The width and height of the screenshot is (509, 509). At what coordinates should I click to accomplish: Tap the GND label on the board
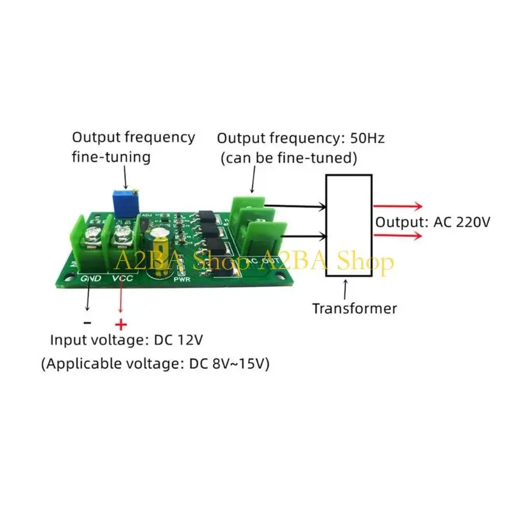click(90, 278)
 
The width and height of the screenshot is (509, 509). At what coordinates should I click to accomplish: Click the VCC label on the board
click(122, 278)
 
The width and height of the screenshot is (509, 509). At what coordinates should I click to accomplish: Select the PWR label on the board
click(182, 279)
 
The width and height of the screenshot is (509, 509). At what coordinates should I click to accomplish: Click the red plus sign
click(121, 324)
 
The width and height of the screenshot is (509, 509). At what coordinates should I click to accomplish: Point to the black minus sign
click(87, 323)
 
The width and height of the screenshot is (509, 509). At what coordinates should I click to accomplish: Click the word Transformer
click(354, 309)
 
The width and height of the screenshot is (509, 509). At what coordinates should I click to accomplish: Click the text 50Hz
click(367, 138)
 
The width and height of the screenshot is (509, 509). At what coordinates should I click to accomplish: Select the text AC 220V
click(462, 222)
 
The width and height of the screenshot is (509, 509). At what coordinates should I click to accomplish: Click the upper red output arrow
click(398, 206)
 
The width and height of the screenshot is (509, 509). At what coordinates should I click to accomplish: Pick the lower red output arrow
click(398, 235)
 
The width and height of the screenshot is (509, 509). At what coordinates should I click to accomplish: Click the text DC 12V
click(178, 340)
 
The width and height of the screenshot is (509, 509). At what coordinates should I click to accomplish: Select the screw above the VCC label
click(122, 233)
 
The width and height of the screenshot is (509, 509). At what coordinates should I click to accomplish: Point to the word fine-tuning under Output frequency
click(111, 157)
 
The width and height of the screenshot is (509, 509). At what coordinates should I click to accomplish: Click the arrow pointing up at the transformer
click(345, 289)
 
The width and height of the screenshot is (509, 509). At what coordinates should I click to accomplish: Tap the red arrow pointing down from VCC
click(121, 296)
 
